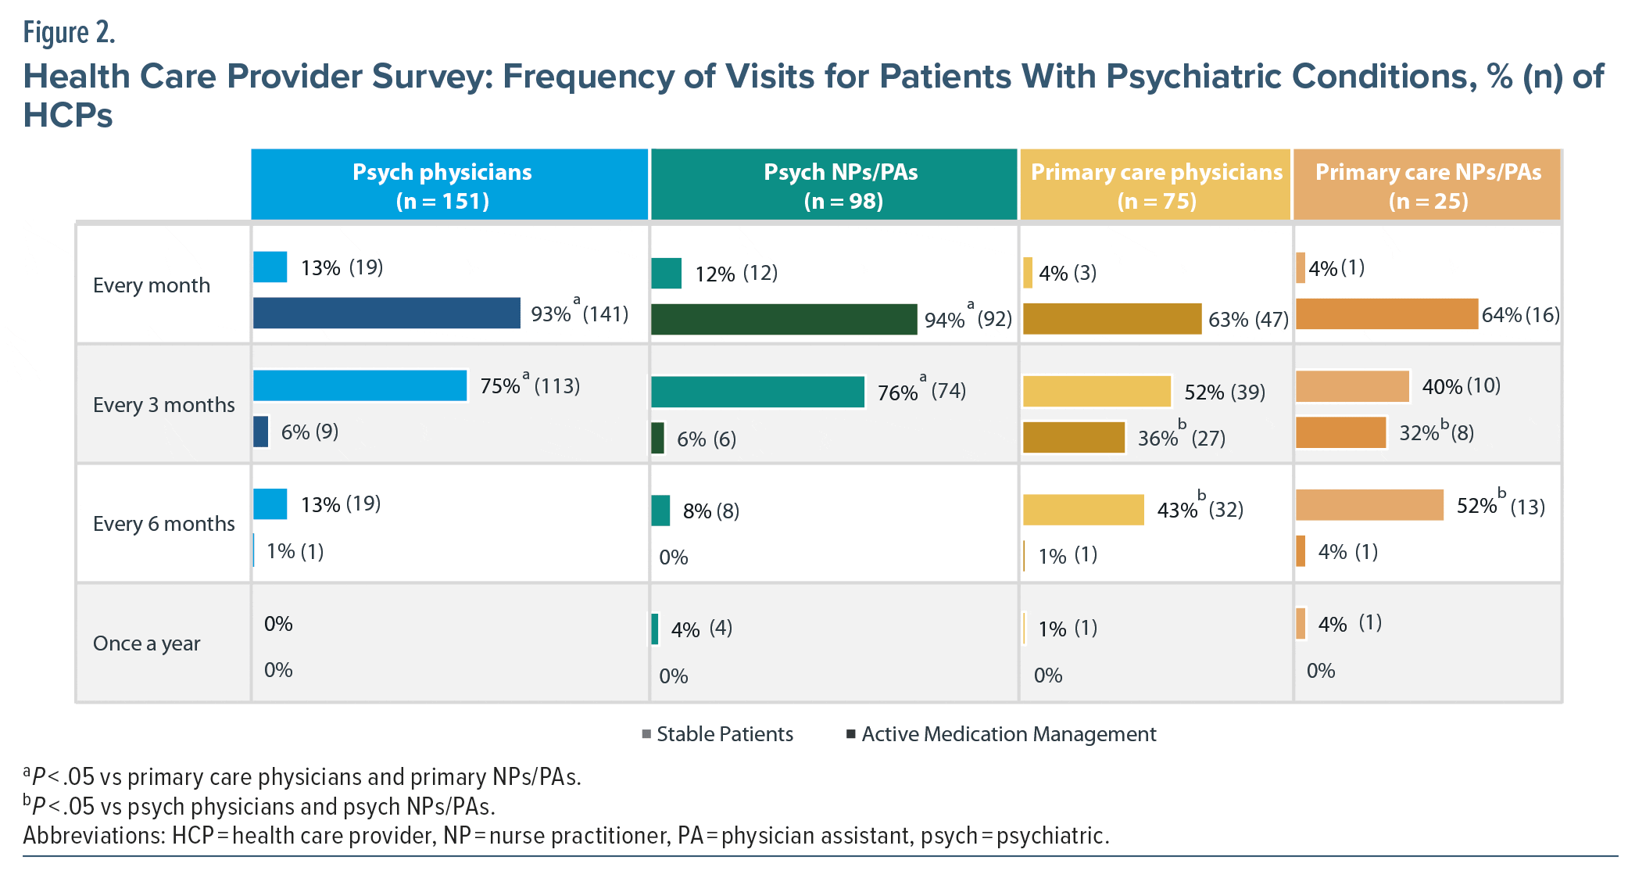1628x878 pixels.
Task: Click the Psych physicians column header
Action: point(442,185)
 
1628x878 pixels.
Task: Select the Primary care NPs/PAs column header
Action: point(1428,185)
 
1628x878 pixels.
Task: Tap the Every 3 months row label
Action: point(163,405)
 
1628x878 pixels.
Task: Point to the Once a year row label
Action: point(146,643)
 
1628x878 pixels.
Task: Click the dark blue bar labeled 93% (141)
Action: point(386,313)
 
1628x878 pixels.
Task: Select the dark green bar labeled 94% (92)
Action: point(783,319)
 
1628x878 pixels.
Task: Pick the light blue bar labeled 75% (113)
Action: point(360,385)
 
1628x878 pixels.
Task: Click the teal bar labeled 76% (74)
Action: point(757,392)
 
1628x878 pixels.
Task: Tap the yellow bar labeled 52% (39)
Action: point(1096,392)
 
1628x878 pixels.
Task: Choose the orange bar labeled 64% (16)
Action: point(1386,314)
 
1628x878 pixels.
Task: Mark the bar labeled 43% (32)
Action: point(1082,510)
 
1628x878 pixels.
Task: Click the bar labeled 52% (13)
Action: point(1369,505)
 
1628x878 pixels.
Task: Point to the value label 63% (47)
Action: point(1248,320)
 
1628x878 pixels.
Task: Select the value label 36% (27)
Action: point(1181,438)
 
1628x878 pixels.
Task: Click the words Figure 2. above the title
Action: point(70,33)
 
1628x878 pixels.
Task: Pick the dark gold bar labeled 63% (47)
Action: point(1111,319)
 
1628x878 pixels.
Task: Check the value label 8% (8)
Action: point(710,511)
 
